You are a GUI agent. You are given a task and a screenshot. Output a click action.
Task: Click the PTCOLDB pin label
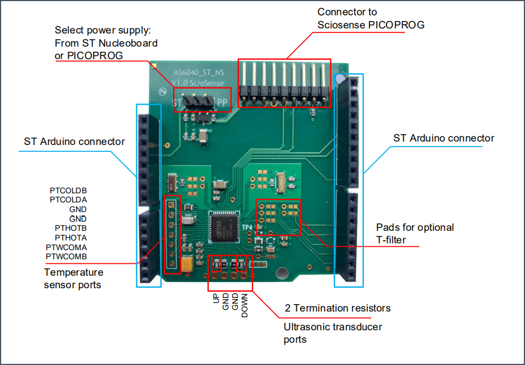pyautogui.click(x=68, y=190)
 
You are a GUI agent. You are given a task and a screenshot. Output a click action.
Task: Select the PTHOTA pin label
pyautogui.click(x=70, y=238)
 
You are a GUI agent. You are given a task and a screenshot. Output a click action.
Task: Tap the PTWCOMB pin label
pyautogui.click(x=66, y=257)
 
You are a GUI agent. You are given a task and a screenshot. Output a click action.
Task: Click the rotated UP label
pyautogui.click(x=216, y=298)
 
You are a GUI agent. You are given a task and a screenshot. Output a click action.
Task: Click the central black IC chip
pyautogui.click(x=225, y=228)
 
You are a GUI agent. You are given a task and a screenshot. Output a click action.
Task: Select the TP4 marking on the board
pyautogui.click(x=247, y=227)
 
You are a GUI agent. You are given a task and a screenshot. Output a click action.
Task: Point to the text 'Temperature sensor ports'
pyautogui.click(x=74, y=279)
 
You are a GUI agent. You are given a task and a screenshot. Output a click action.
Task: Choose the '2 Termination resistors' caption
pyautogui.click(x=338, y=308)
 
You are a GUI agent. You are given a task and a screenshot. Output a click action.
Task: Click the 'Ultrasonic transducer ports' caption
pyautogui.click(x=333, y=333)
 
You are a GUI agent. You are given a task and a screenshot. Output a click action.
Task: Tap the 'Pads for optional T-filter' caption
pyautogui.click(x=415, y=234)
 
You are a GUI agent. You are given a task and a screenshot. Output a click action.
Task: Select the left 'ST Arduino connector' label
pyautogui.click(x=74, y=142)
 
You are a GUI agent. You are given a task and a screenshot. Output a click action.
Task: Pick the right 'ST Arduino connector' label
pyautogui.click(x=443, y=138)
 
